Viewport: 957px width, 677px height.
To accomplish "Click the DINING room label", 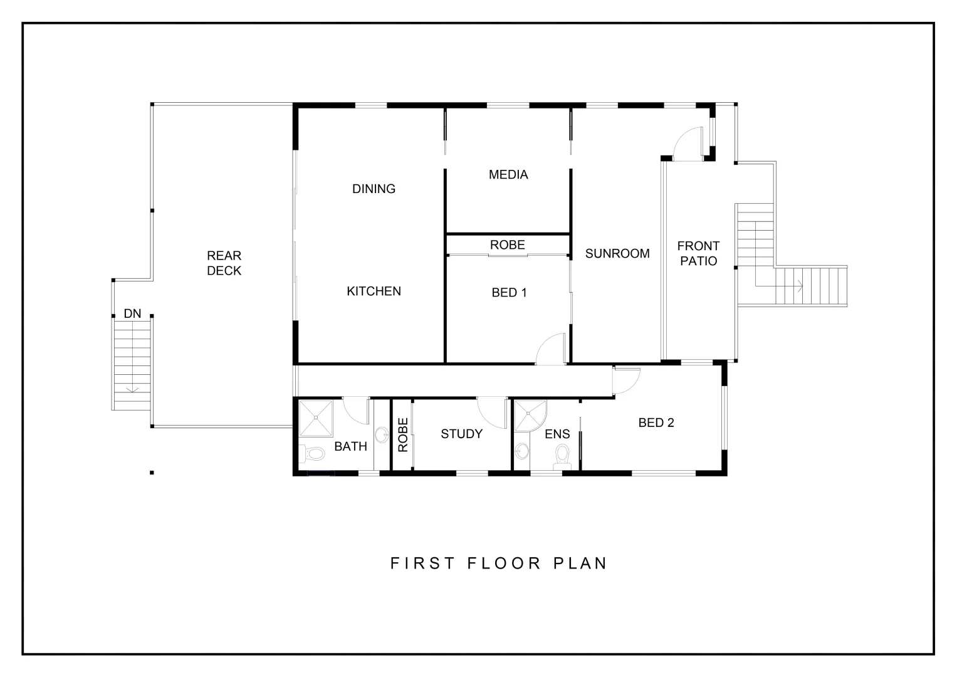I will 374,189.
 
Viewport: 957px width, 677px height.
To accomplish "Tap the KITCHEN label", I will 374,291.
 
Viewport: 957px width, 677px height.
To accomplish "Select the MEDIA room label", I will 508,175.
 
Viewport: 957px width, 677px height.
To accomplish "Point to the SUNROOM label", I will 617,254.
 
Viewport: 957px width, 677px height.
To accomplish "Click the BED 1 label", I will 509,293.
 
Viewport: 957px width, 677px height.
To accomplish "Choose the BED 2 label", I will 656,423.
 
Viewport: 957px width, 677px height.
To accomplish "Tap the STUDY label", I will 461,434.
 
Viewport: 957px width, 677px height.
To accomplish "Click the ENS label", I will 557,434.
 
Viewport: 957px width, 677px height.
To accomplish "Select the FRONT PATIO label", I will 698,253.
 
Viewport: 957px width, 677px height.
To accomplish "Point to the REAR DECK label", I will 224,263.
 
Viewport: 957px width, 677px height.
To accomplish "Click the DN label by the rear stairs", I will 132,313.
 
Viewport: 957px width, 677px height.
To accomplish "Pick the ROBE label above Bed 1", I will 507,245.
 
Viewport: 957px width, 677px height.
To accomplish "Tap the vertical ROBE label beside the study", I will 403,434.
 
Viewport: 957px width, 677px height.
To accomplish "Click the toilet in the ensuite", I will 562,456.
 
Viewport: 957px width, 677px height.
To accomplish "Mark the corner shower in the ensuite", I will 530,416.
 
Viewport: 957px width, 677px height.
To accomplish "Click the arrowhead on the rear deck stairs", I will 132,389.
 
